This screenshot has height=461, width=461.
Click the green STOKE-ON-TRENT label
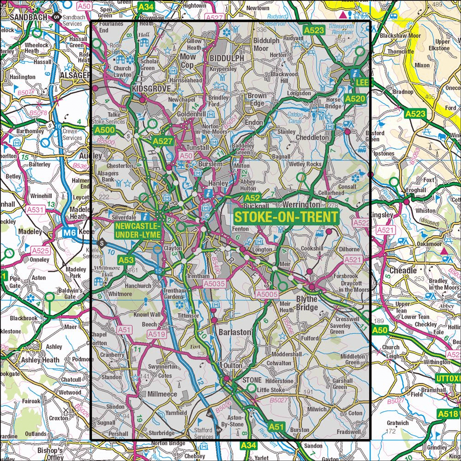286,217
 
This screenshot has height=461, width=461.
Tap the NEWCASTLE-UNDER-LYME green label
138,230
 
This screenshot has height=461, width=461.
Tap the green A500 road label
104,131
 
